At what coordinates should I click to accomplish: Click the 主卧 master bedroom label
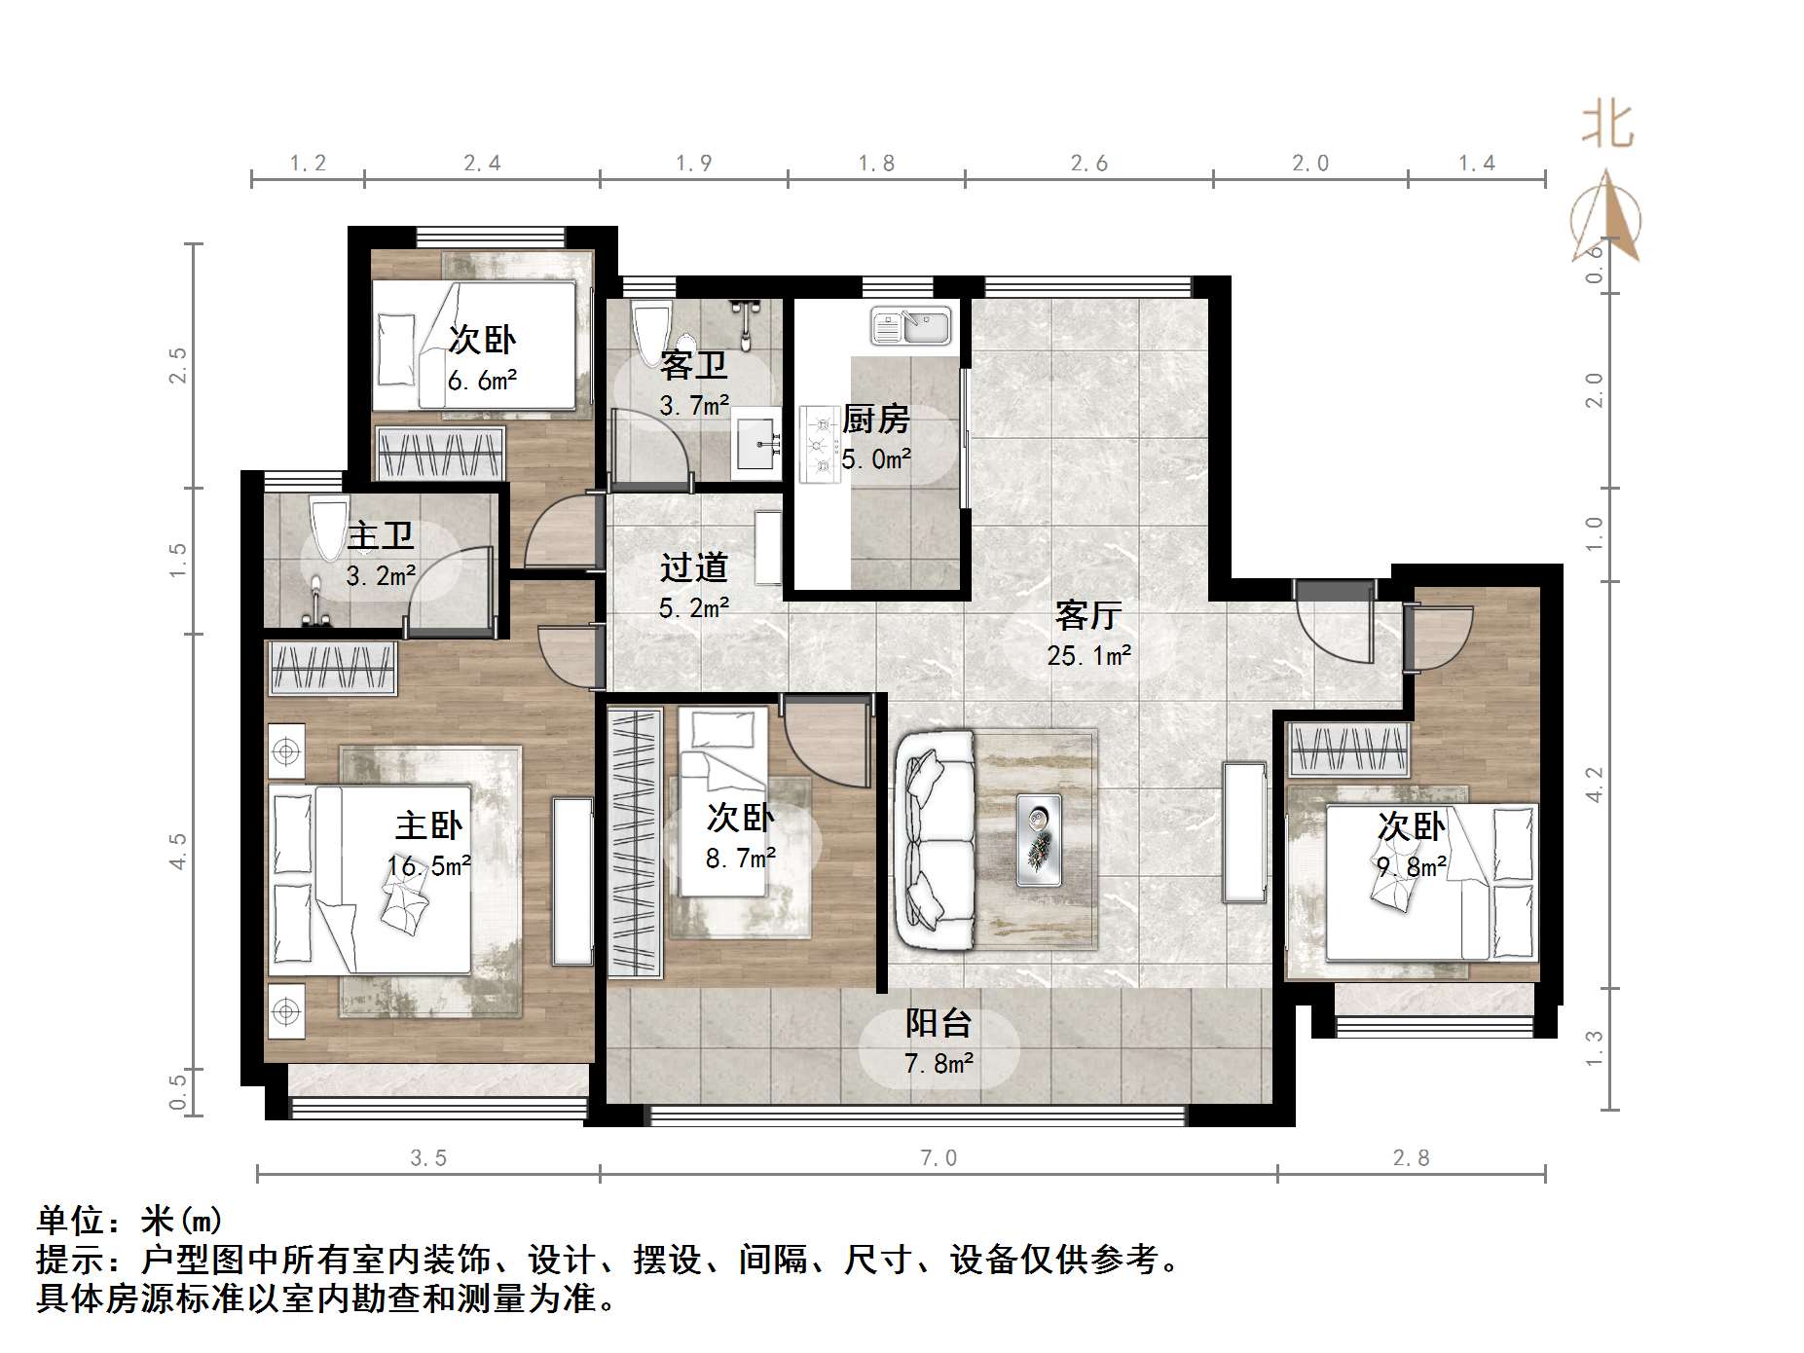[428, 825]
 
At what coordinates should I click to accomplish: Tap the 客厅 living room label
[1088, 615]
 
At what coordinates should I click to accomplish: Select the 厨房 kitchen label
[875, 420]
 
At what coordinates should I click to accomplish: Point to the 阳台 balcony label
[939, 1023]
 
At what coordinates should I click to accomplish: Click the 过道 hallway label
[693, 567]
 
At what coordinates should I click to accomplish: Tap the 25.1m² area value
[1088, 656]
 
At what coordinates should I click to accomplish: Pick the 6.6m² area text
[482, 381]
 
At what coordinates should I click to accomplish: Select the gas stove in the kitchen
[818, 446]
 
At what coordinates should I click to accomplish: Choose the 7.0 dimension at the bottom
[939, 1157]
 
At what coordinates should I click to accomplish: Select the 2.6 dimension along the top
[1088, 164]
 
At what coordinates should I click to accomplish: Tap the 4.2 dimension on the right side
[1594, 785]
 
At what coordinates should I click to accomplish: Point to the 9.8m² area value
[1411, 866]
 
